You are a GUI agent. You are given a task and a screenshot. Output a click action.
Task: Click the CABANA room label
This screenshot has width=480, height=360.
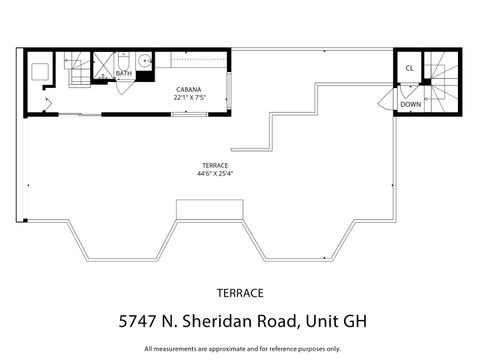tap(190, 89)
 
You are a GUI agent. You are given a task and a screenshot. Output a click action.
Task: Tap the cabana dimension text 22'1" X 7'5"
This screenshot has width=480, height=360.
tap(190, 98)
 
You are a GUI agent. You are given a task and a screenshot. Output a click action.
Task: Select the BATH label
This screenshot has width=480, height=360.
tap(124, 73)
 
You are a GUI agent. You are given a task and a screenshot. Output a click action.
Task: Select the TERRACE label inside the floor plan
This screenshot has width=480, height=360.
tap(214, 164)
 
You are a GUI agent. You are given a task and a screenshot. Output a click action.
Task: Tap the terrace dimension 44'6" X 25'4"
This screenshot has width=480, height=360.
tap(214, 173)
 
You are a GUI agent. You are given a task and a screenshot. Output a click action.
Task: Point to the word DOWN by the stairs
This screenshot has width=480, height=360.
tap(411, 103)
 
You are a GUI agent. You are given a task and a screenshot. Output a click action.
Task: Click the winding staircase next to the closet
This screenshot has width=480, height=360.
tap(441, 80)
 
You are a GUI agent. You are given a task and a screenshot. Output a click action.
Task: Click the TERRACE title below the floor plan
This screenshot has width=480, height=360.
tap(240, 293)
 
